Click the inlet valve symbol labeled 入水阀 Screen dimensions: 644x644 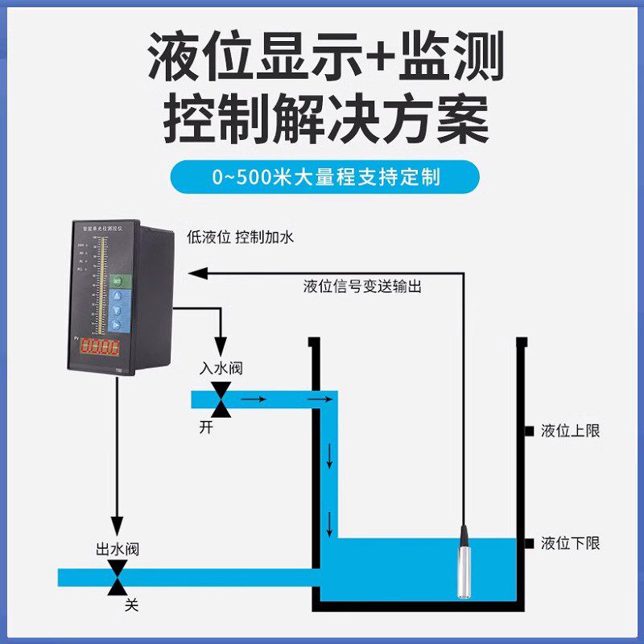click(221, 398)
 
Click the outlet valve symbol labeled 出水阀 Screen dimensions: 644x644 click(118, 577)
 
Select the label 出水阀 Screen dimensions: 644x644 click(118, 550)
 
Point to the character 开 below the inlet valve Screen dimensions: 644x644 click(207, 427)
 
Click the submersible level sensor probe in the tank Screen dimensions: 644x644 click(464, 563)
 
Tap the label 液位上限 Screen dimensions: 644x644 click(570, 431)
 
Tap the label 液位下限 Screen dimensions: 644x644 click(570, 544)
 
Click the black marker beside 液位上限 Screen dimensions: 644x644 click(529, 431)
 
